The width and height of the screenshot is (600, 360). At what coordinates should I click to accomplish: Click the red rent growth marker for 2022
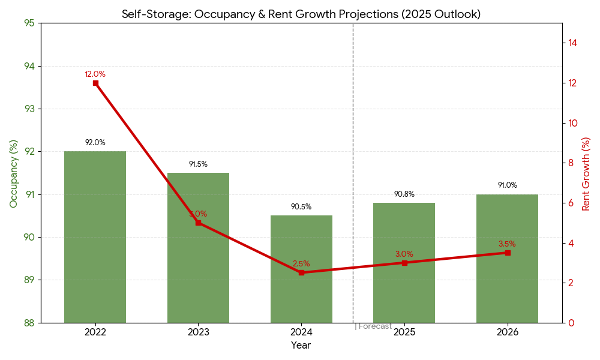pos(95,83)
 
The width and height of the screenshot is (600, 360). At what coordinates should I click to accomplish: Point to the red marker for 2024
pos(301,272)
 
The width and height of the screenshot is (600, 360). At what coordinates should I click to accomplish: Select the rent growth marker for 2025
pos(404,263)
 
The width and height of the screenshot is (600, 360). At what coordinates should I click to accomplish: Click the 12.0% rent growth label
pos(95,74)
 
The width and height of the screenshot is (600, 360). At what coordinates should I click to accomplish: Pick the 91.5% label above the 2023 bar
pos(198,164)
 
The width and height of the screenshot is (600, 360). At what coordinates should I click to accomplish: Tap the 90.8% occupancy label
pos(404,194)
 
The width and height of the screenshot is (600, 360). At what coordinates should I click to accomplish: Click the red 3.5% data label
pos(507,244)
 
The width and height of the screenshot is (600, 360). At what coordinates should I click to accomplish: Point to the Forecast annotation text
pos(374,326)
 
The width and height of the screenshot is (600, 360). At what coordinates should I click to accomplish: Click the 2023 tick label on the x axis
pos(198,332)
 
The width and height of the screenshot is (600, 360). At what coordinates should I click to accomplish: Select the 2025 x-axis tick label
pos(404,332)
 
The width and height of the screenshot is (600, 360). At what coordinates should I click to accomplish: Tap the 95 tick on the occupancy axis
pos(29,23)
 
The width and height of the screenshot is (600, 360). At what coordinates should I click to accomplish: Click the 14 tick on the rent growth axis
pos(573,43)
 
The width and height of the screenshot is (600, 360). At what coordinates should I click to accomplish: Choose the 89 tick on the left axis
pos(29,280)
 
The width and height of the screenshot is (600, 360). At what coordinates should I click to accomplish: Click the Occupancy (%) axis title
pos(14,173)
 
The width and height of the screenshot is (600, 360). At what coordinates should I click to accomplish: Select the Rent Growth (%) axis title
pos(586,173)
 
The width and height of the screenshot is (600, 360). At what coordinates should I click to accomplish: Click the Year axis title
pos(301,346)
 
